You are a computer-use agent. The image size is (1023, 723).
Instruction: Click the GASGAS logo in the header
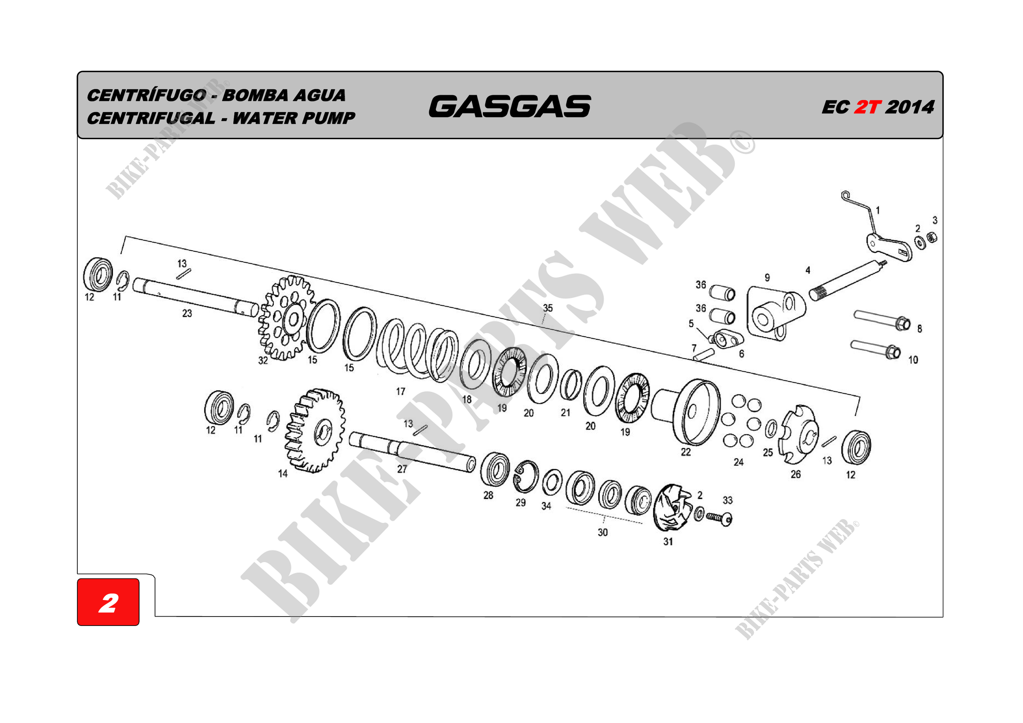coord(510,106)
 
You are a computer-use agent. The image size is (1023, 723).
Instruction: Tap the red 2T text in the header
coord(867,107)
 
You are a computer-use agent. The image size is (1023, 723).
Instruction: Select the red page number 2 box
coord(108,602)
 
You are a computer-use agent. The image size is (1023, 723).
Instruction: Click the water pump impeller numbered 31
coord(672,508)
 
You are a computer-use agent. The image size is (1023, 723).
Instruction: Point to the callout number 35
coord(548,308)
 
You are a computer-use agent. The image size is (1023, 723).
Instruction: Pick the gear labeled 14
coord(315,430)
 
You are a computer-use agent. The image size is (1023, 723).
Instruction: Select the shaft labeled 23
coord(196,297)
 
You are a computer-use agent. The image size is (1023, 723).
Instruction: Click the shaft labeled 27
coord(412,452)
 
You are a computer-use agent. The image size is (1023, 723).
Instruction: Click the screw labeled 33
coord(719,518)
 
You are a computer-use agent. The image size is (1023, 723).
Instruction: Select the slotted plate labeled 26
coord(798,434)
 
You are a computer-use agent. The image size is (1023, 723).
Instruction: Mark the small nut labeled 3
coord(932,237)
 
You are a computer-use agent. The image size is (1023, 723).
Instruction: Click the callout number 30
coord(602,532)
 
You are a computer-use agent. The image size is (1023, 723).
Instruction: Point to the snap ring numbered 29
coord(525,477)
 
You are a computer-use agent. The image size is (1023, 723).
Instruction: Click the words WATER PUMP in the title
coord(294,118)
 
